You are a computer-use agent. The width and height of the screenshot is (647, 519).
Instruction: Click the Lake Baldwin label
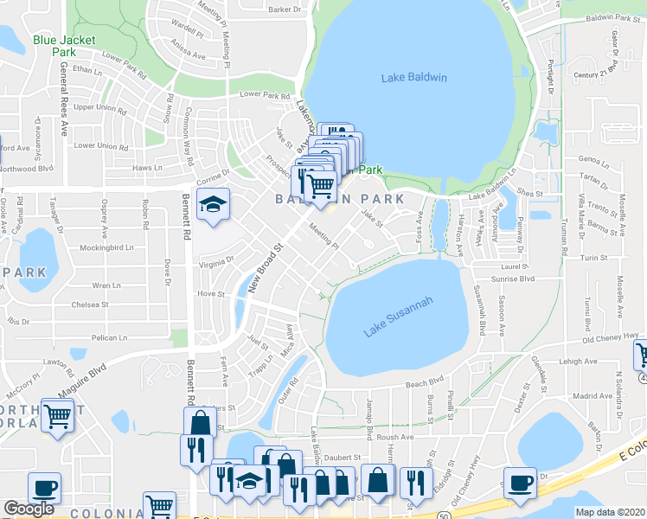pyautogui.click(x=413, y=79)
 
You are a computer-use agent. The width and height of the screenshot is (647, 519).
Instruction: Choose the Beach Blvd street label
pyautogui.click(x=425, y=380)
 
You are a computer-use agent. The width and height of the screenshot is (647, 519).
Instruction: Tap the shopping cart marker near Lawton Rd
pyautogui.click(x=57, y=418)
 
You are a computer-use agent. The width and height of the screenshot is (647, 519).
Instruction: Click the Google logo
pyautogui.click(x=29, y=509)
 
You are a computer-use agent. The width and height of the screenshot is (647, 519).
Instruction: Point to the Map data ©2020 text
pyautogui.click(x=610, y=512)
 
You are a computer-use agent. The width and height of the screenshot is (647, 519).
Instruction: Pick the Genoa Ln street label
pyautogui.click(x=594, y=159)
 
